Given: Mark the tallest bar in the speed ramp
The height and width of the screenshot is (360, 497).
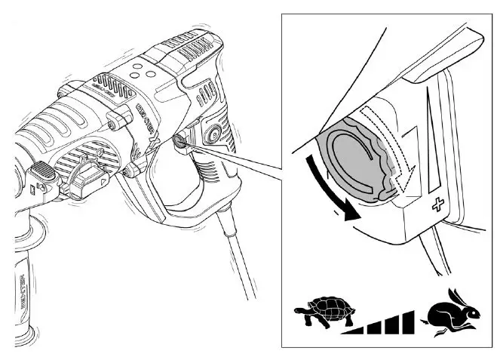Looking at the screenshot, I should click(407, 321).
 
